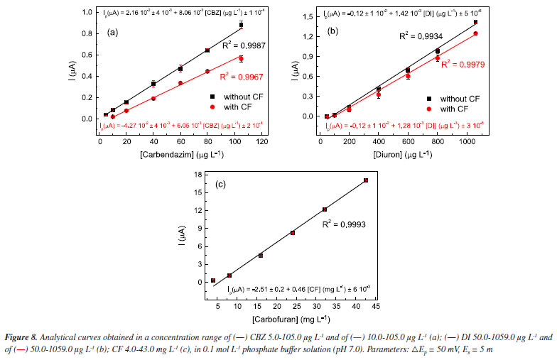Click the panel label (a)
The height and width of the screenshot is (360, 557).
point(113,33)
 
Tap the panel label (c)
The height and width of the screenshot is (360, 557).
point(220,185)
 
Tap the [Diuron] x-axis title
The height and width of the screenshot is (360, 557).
point(399,154)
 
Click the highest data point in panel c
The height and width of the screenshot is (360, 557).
point(365,180)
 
